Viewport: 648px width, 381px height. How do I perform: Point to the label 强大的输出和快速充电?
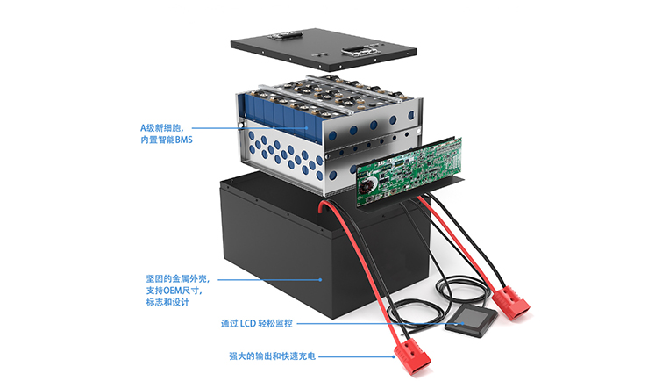pos(271,356)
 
